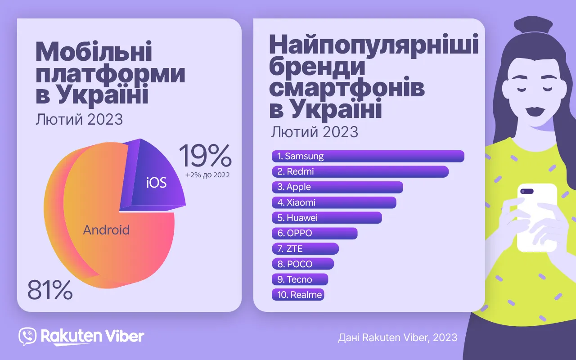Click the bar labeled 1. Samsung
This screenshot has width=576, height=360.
click(368, 156)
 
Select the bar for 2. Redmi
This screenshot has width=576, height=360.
click(360, 171)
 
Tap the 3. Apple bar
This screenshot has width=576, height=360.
click(337, 187)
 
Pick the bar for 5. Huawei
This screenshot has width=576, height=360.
click(327, 218)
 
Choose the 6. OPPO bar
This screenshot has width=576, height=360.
click(315, 233)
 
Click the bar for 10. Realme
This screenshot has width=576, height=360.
click(298, 295)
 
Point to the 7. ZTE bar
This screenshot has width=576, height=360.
click(305, 248)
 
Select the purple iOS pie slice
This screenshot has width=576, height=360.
click(155, 180)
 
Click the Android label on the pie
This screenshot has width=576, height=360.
click(106, 230)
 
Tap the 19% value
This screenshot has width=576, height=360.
click(205, 156)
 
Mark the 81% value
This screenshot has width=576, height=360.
click(50, 290)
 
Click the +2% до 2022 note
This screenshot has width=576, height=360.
click(207, 175)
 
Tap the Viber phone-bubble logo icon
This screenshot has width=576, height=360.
click(27, 336)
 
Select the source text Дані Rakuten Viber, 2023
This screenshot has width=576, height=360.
click(397, 337)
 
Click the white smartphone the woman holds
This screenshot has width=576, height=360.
click(536, 218)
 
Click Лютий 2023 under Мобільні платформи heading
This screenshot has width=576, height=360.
click(79, 120)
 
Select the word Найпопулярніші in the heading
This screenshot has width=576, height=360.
click(373, 46)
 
